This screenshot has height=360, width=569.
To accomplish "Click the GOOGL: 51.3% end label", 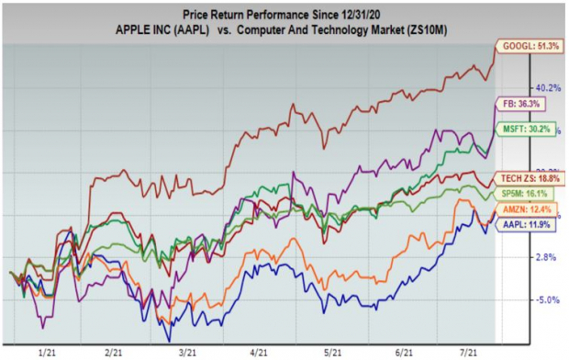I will (530, 47).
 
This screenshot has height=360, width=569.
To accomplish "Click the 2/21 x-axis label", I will (116, 351).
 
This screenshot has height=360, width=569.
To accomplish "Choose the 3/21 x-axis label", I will (186, 351).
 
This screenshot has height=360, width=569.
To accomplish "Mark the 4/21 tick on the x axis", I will (260, 351).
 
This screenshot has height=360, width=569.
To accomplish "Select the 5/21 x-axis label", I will (332, 351).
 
